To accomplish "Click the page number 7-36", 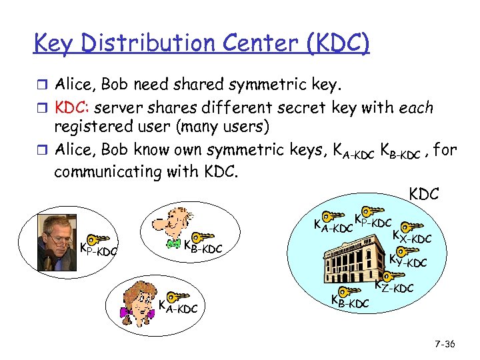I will coord(443,344).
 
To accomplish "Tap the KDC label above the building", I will coord(423,194).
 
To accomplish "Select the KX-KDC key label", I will coord(412,236).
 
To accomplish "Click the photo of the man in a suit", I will coord(57,233).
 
